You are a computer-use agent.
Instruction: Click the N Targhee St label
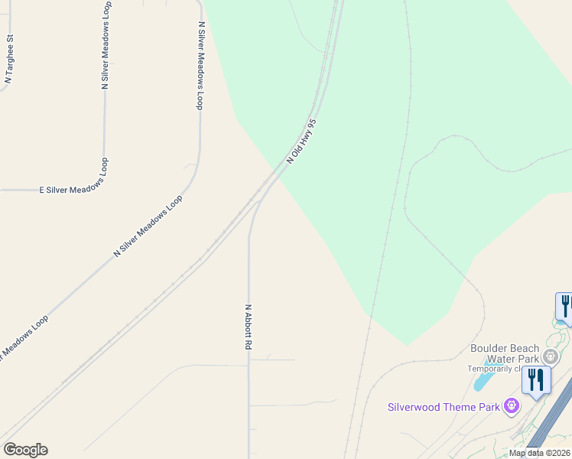[x=10, y=58]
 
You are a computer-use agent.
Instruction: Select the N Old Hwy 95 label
[x=301, y=141]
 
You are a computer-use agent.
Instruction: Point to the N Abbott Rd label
[x=248, y=327]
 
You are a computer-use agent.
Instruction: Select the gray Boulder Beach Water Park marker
[x=551, y=356]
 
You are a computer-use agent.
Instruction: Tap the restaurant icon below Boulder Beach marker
[x=536, y=379]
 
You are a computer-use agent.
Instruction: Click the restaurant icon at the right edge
[x=565, y=306]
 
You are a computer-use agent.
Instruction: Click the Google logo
[x=25, y=450]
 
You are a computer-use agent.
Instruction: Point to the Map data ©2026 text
[x=540, y=453]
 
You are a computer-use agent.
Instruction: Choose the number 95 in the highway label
[x=311, y=124]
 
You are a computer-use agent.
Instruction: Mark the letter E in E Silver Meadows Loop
[x=42, y=189]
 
